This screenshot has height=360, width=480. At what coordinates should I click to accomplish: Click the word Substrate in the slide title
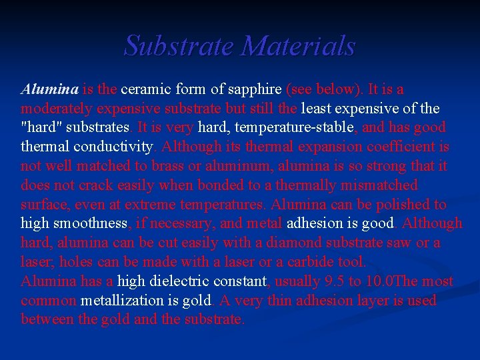[179, 46]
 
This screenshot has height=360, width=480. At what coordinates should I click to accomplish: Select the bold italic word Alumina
[50, 89]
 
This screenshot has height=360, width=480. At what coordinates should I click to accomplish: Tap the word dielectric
[173, 281]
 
